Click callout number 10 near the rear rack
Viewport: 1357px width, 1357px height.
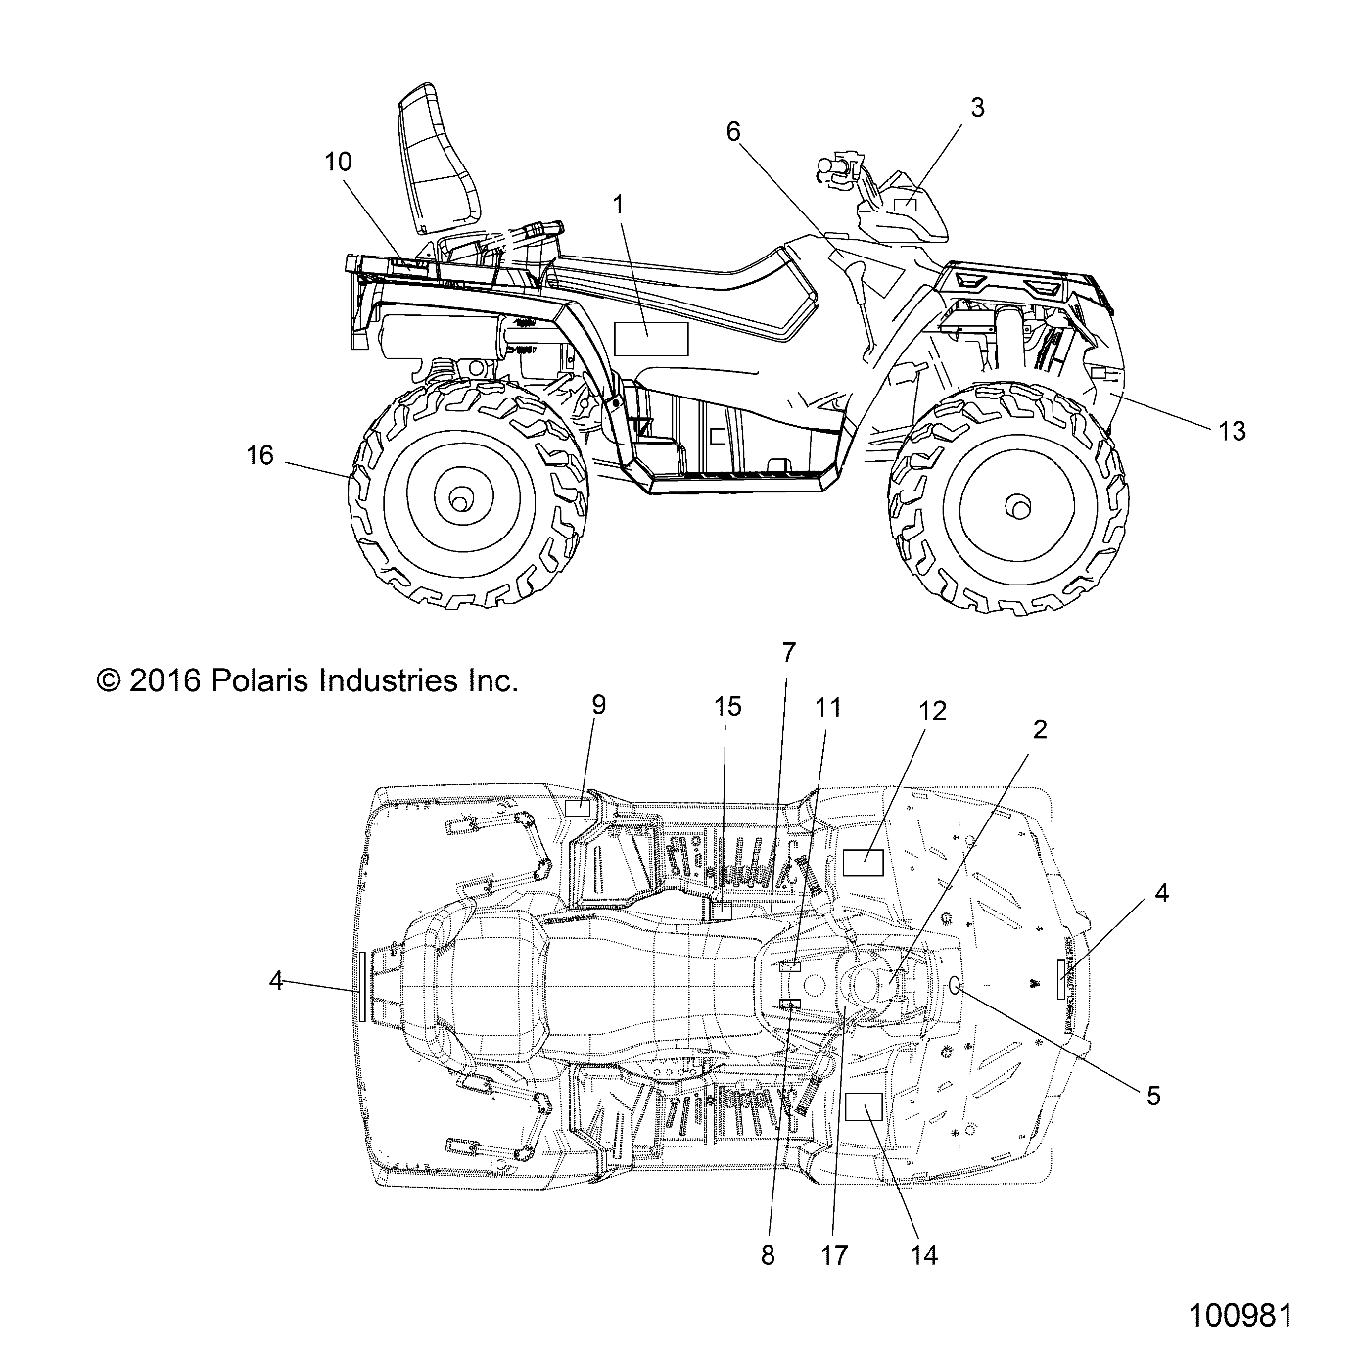[338, 162]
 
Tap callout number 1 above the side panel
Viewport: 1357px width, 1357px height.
[618, 204]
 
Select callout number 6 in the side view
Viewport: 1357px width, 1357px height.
[734, 132]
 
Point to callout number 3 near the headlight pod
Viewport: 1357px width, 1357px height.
[976, 108]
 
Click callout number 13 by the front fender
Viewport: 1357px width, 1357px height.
[1232, 430]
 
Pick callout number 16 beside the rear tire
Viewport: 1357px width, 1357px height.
[260, 455]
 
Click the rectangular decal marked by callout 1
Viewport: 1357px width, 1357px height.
[651, 339]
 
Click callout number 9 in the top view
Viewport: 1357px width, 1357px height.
[598, 705]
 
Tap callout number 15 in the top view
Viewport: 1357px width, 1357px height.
[727, 706]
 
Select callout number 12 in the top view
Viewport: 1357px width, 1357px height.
[932, 711]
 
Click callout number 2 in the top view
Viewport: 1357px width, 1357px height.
[1040, 729]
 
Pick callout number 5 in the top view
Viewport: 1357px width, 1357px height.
[1153, 1096]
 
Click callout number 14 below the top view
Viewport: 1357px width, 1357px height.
[923, 1254]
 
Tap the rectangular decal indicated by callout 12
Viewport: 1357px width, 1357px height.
[864, 863]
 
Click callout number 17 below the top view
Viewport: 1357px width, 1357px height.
[834, 1254]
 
